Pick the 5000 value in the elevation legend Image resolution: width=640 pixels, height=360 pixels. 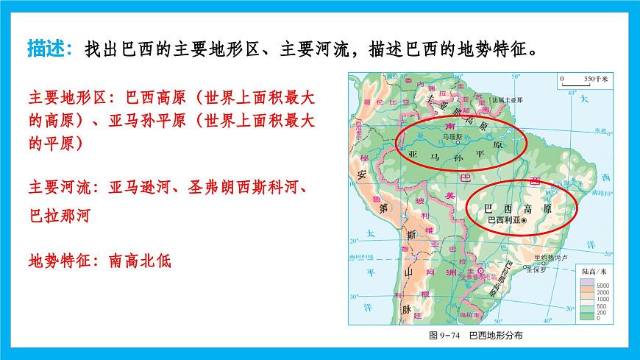[604, 285]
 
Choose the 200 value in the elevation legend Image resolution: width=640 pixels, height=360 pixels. [602, 311]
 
